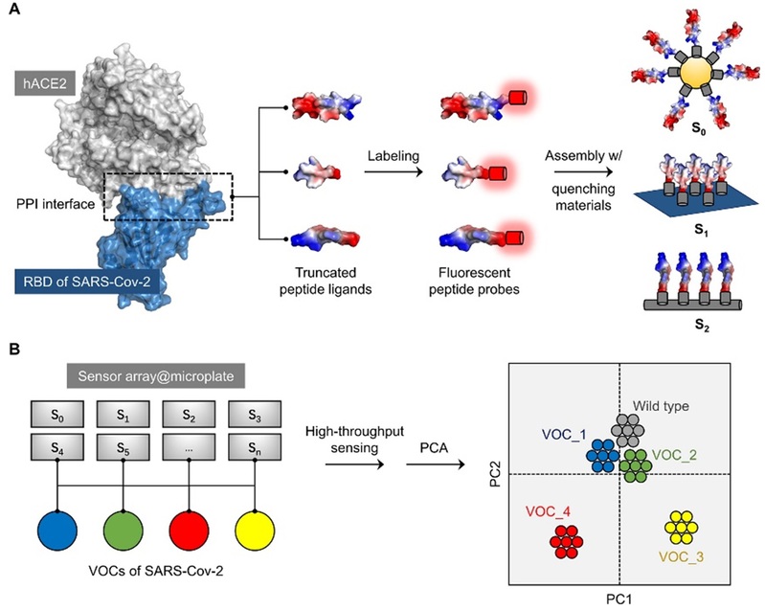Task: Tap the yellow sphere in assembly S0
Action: point(690,72)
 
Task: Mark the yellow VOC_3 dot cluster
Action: point(681,527)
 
